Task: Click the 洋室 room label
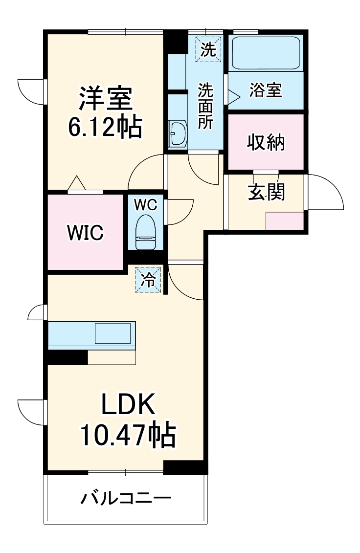click(x=105, y=99)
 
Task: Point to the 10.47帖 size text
click(x=128, y=434)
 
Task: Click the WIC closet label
click(x=85, y=233)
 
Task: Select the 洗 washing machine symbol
click(x=208, y=50)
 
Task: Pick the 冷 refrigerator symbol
click(x=148, y=280)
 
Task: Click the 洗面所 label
click(x=205, y=106)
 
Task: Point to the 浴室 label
click(x=266, y=90)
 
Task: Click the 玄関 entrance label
click(x=266, y=192)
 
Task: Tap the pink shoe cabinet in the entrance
click(x=285, y=221)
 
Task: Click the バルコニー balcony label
click(x=126, y=499)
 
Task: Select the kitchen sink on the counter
click(x=112, y=334)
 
